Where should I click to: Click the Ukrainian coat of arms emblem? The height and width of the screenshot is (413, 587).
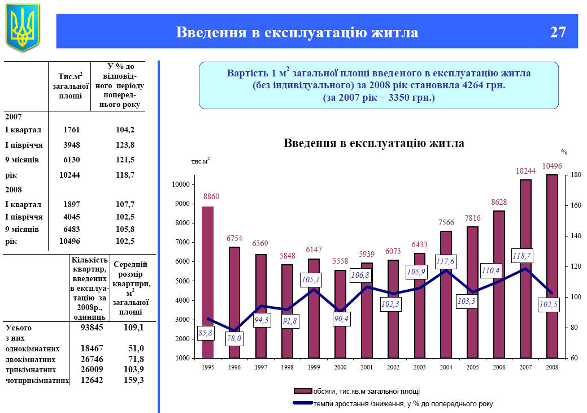[x=23, y=27]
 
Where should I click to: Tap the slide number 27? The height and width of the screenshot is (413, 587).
[x=558, y=32]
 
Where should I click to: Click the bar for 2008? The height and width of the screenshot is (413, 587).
[x=551, y=266]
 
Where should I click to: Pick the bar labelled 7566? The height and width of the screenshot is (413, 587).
[x=446, y=294]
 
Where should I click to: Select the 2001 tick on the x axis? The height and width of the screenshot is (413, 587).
[x=367, y=367]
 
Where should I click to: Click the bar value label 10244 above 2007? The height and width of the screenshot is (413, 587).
[x=525, y=171]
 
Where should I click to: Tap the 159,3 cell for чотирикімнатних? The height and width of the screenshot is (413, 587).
[x=134, y=380]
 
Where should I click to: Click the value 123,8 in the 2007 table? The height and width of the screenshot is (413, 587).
[x=124, y=144]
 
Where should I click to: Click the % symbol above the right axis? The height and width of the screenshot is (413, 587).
[x=564, y=152]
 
